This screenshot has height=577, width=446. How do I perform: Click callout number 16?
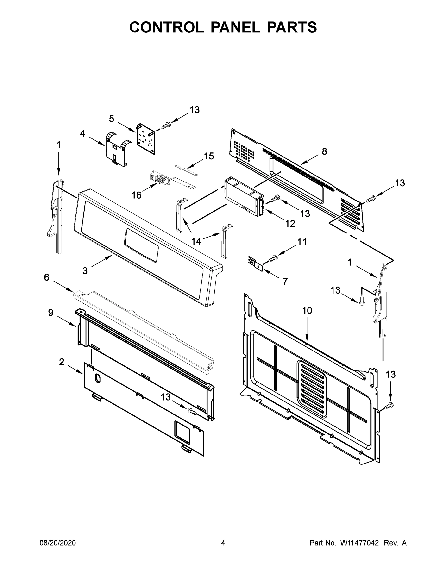[136, 195]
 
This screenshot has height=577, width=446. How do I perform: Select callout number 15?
[209, 156]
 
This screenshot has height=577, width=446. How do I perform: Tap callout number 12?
[290, 224]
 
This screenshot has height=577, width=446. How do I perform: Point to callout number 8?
[324, 151]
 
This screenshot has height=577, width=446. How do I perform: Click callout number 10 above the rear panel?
[307, 311]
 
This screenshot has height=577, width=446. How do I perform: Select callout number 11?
[302, 242]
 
